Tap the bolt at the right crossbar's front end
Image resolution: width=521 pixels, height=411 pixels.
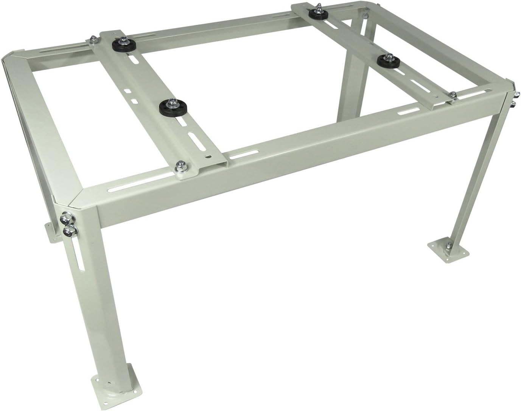point(452,95)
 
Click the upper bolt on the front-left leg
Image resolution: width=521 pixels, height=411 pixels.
point(65,219)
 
